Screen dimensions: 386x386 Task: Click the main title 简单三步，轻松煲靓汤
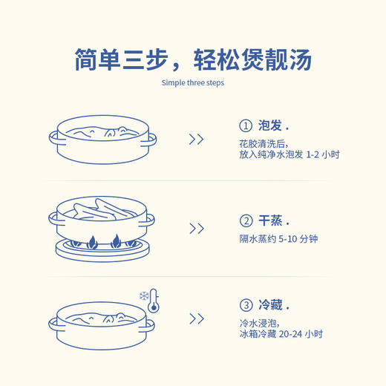(192, 59)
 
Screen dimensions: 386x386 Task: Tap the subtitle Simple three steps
(192, 82)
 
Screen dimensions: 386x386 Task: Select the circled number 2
(246, 220)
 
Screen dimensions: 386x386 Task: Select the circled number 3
(246, 305)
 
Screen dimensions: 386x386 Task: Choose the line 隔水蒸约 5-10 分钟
(278, 239)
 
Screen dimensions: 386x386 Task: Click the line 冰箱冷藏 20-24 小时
(281, 335)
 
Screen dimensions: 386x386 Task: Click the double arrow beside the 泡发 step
(196, 139)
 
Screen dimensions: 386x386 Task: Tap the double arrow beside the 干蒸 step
(196, 229)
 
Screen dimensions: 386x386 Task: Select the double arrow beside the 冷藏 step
(196, 318)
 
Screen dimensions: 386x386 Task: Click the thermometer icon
(154, 300)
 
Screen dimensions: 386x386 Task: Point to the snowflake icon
(143, 295)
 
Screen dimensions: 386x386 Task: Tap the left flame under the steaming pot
(92, 241)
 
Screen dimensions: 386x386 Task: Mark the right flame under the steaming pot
(117, 241)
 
